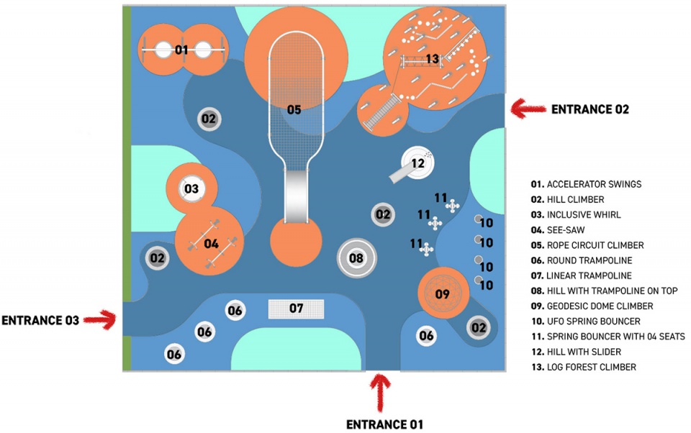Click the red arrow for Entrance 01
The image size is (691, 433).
click(380, 393)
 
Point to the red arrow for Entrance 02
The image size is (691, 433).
click(528, 109)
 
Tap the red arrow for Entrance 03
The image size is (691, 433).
click(100, 319)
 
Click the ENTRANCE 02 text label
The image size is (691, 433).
click(590, 109)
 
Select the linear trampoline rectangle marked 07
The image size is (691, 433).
click(296, 309)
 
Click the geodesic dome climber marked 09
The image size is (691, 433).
click(443, 293)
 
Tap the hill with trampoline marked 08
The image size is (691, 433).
click(356, 258)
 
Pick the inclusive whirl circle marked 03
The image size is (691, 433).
click(191, 189)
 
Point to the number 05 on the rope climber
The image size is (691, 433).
click(294, 109)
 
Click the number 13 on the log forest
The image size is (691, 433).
click(433, 58)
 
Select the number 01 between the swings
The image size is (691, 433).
click(181, 50)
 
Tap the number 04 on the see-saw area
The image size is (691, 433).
click(211, 244)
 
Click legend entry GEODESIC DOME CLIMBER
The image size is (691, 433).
click(592, 306)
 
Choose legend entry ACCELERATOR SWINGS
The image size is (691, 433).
click(586, 184)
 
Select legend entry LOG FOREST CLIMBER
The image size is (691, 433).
click(584, 367)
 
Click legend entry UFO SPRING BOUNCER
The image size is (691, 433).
click(586, 321)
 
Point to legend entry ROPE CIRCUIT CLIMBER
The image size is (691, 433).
click(587, 245)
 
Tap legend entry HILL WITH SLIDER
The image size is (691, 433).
click(576, 352)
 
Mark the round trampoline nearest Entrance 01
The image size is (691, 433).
click(426, 336)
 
